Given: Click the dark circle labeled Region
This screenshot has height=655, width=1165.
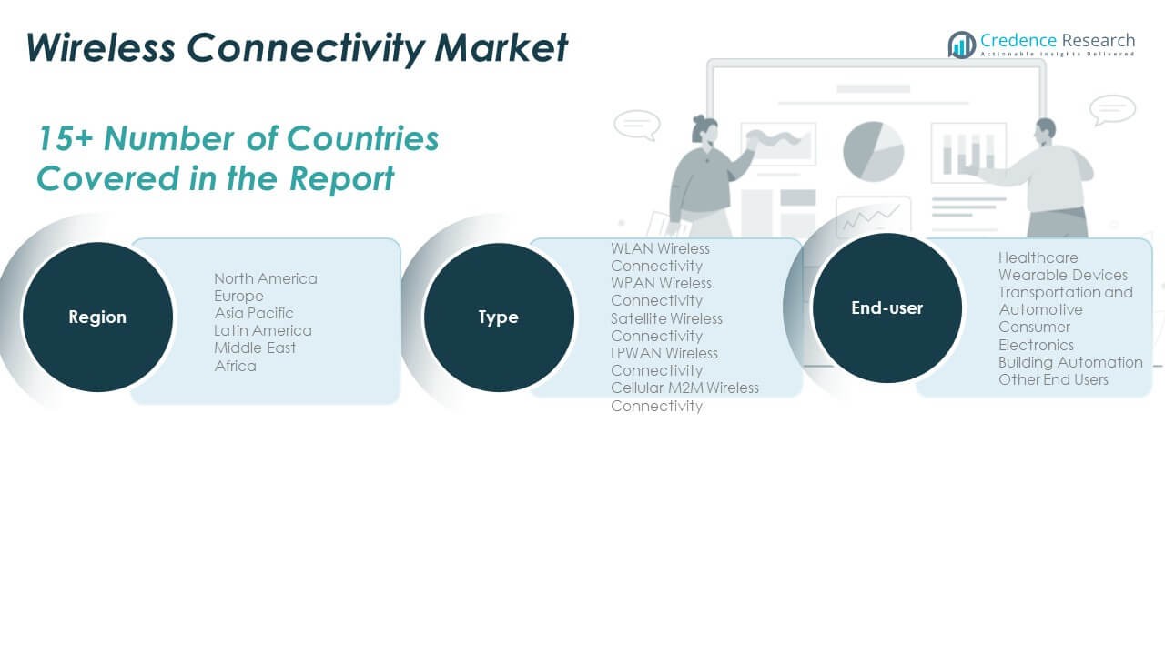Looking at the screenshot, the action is pos(97,317).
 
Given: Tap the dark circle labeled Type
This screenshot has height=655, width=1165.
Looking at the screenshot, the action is pos(499,317).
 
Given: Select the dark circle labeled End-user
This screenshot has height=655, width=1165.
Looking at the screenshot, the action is pos(887,308).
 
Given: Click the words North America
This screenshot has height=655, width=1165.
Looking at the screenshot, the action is pos(266,278).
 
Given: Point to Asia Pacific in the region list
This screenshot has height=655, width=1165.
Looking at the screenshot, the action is pos(254,314).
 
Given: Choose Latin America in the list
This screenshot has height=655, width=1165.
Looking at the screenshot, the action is pos(263,330).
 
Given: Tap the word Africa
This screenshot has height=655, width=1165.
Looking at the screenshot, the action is pos(236,366).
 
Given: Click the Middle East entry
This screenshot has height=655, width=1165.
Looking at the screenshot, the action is pos(255,348).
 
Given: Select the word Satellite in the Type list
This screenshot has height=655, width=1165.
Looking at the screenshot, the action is pos(636,318).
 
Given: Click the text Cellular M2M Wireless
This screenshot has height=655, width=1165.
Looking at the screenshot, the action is pos(685,388).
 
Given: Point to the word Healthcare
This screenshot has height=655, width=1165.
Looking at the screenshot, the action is pos(1038,257).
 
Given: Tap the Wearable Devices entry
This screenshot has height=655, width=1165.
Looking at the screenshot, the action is pos(1063,275).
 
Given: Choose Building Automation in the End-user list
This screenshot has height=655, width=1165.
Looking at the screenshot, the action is pos(1070,362).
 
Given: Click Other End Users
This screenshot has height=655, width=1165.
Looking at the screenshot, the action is pos(1053,380).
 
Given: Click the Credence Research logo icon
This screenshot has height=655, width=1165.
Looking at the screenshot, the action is pos(962,45).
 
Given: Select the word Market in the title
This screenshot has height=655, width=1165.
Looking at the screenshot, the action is pos(501,48).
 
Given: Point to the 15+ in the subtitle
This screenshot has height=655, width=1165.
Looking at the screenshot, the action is pos(66,139).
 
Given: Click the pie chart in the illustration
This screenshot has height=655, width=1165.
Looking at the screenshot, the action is pos(873,152).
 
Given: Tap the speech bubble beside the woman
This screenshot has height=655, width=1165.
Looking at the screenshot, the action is pos(637,126).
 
